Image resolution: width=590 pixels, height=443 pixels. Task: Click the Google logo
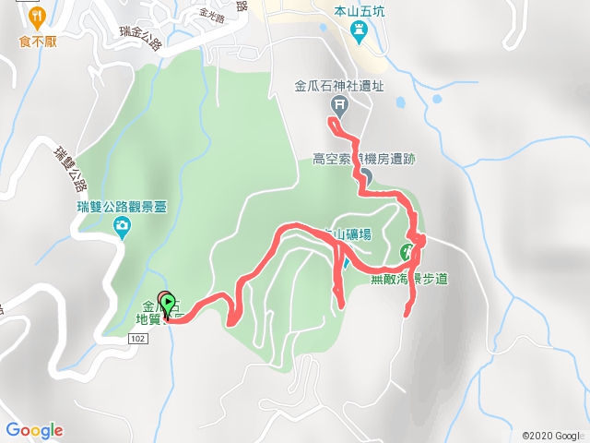(x=34, y=429)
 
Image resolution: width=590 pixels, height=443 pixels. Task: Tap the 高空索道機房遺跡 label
(x=364, y=159)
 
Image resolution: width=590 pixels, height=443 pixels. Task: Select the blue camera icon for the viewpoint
(x=122, y=226)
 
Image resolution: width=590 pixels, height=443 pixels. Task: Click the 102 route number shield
(x=138, y=339)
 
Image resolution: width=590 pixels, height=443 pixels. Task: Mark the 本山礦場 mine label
(x=350, y=234)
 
